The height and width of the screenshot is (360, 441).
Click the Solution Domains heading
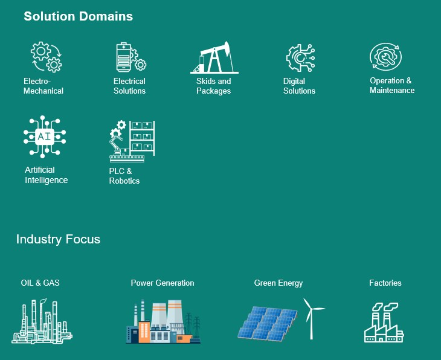click(78, 16)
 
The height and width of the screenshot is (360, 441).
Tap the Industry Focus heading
click(58, 239)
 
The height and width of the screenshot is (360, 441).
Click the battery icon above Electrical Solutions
click(124, 57)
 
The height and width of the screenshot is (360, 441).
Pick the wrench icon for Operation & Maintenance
click(385, 57)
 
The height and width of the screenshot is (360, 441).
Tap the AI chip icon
click(45, 137)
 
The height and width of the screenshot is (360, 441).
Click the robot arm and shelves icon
click(132, 141)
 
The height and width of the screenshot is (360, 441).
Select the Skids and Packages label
click(213, 86)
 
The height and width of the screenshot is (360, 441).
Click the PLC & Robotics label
click(124, 176)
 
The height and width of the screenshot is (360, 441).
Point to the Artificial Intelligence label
click(47, 175)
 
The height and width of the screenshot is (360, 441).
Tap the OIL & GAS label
click(40, 283)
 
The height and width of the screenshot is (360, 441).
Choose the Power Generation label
click(163, 283)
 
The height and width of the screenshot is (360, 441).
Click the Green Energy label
click(278, 283)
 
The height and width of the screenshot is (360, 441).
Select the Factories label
click(385, 283)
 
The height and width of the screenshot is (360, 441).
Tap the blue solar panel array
click(268, 323)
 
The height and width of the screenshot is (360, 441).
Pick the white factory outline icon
click(384, 323)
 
